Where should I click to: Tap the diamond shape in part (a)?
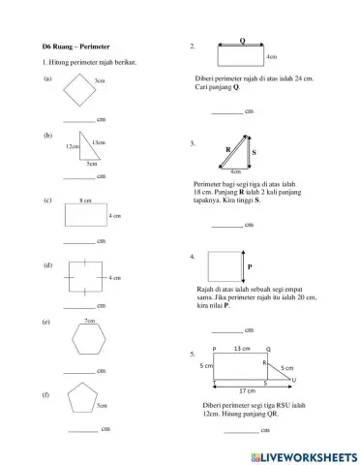[77, 95]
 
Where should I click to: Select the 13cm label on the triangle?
[99, 142]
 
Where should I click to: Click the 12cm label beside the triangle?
[72, 146]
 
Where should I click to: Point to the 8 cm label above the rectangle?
[85, 200]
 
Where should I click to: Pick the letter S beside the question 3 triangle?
[254, 153]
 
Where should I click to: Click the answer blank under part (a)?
[79, 119]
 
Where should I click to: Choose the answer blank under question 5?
[243, 429]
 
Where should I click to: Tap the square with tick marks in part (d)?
[85, 278]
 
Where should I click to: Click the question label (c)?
[47, 200]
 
